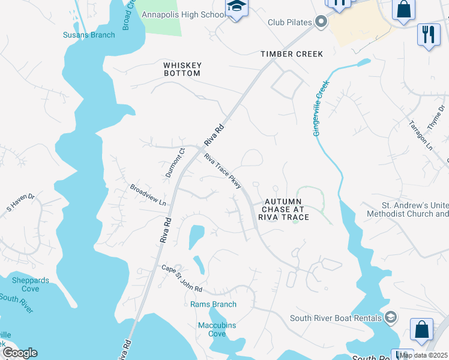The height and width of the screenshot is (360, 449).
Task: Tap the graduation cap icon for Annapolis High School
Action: [236, 8]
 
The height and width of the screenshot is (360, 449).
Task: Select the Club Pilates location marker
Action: [321, 23]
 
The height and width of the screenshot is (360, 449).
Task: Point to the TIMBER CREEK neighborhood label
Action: [292, 54]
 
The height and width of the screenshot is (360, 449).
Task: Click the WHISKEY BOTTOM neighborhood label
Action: [182, 69]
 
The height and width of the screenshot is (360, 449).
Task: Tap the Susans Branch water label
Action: [89, 35]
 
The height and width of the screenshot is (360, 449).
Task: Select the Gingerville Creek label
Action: [321, 109]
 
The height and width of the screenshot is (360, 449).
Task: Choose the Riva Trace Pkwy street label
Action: [223, 171]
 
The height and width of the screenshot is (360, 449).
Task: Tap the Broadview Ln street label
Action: [148, 196]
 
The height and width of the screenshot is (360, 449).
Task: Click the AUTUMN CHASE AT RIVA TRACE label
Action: [283, 209]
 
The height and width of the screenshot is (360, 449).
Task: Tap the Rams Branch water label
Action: [213, 304]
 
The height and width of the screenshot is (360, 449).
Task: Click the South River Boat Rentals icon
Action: [391, 317]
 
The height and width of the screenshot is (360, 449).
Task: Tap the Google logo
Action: [19, 353]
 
